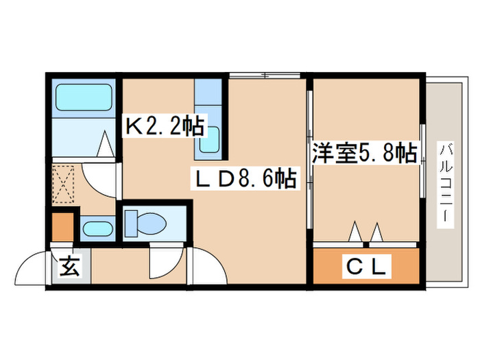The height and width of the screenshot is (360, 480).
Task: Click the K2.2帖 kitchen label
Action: point(164,125)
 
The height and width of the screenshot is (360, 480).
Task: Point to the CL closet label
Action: point(367,265)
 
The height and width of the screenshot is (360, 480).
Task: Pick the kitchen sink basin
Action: point(209,141)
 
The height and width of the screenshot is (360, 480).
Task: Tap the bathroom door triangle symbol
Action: point(106,145)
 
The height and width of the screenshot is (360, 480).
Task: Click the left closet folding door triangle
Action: point(356,232)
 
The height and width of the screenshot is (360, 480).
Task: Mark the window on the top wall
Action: point(267,75)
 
